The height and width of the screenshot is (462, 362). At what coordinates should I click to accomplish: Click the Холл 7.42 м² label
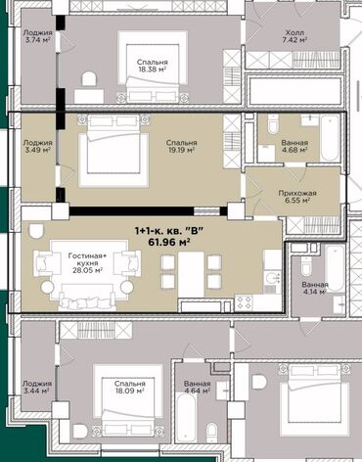pyautogui.click(x=294, y=36)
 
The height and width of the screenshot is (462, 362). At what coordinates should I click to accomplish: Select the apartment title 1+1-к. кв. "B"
pyautogui.click(x=169, y=231)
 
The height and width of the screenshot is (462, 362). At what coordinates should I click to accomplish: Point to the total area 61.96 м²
pyautogui.click(x=169, y=242)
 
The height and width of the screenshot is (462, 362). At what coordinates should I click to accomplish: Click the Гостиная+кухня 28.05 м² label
pyautogui.click(x=87, y=262)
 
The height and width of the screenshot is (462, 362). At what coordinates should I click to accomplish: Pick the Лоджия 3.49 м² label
pyautogui.click(x=37, y=146)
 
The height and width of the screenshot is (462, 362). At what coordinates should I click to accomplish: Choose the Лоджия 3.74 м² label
pyautogui.click(x=37, y=36)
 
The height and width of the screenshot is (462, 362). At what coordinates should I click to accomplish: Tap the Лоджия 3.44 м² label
pyautogui.click(x=37, y=387)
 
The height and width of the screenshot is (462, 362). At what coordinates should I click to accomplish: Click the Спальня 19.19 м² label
pyautogui.click(x=181, y=146)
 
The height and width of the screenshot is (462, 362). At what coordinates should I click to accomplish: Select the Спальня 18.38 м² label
pyautogui.click(x=152, y=66)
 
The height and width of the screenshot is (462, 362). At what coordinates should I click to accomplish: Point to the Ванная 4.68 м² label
pyautogui.click(x=294, y=146)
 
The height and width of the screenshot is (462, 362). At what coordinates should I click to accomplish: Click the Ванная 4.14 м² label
pyautogui.click(x=315, y=288)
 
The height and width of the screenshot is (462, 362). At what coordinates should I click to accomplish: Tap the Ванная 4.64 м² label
pyautogui.click(x=197, y=387)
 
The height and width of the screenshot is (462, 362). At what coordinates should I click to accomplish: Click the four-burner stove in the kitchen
pyautogui.click(x=244, y=302)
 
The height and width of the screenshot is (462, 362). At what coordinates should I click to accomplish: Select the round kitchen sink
pyautogui.click(x=272, y=278)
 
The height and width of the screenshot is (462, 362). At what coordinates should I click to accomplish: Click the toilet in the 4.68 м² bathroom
pyautogui.click(x=273, y=123)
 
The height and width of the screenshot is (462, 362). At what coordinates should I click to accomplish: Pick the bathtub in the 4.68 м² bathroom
pyautogui.click(x=330, y=138)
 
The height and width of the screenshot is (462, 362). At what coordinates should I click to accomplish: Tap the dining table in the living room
pyautogui.click(x=191, y=274)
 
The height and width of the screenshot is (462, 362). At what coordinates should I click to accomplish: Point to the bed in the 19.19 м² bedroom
pyautogui.click(x=113, y=151)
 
